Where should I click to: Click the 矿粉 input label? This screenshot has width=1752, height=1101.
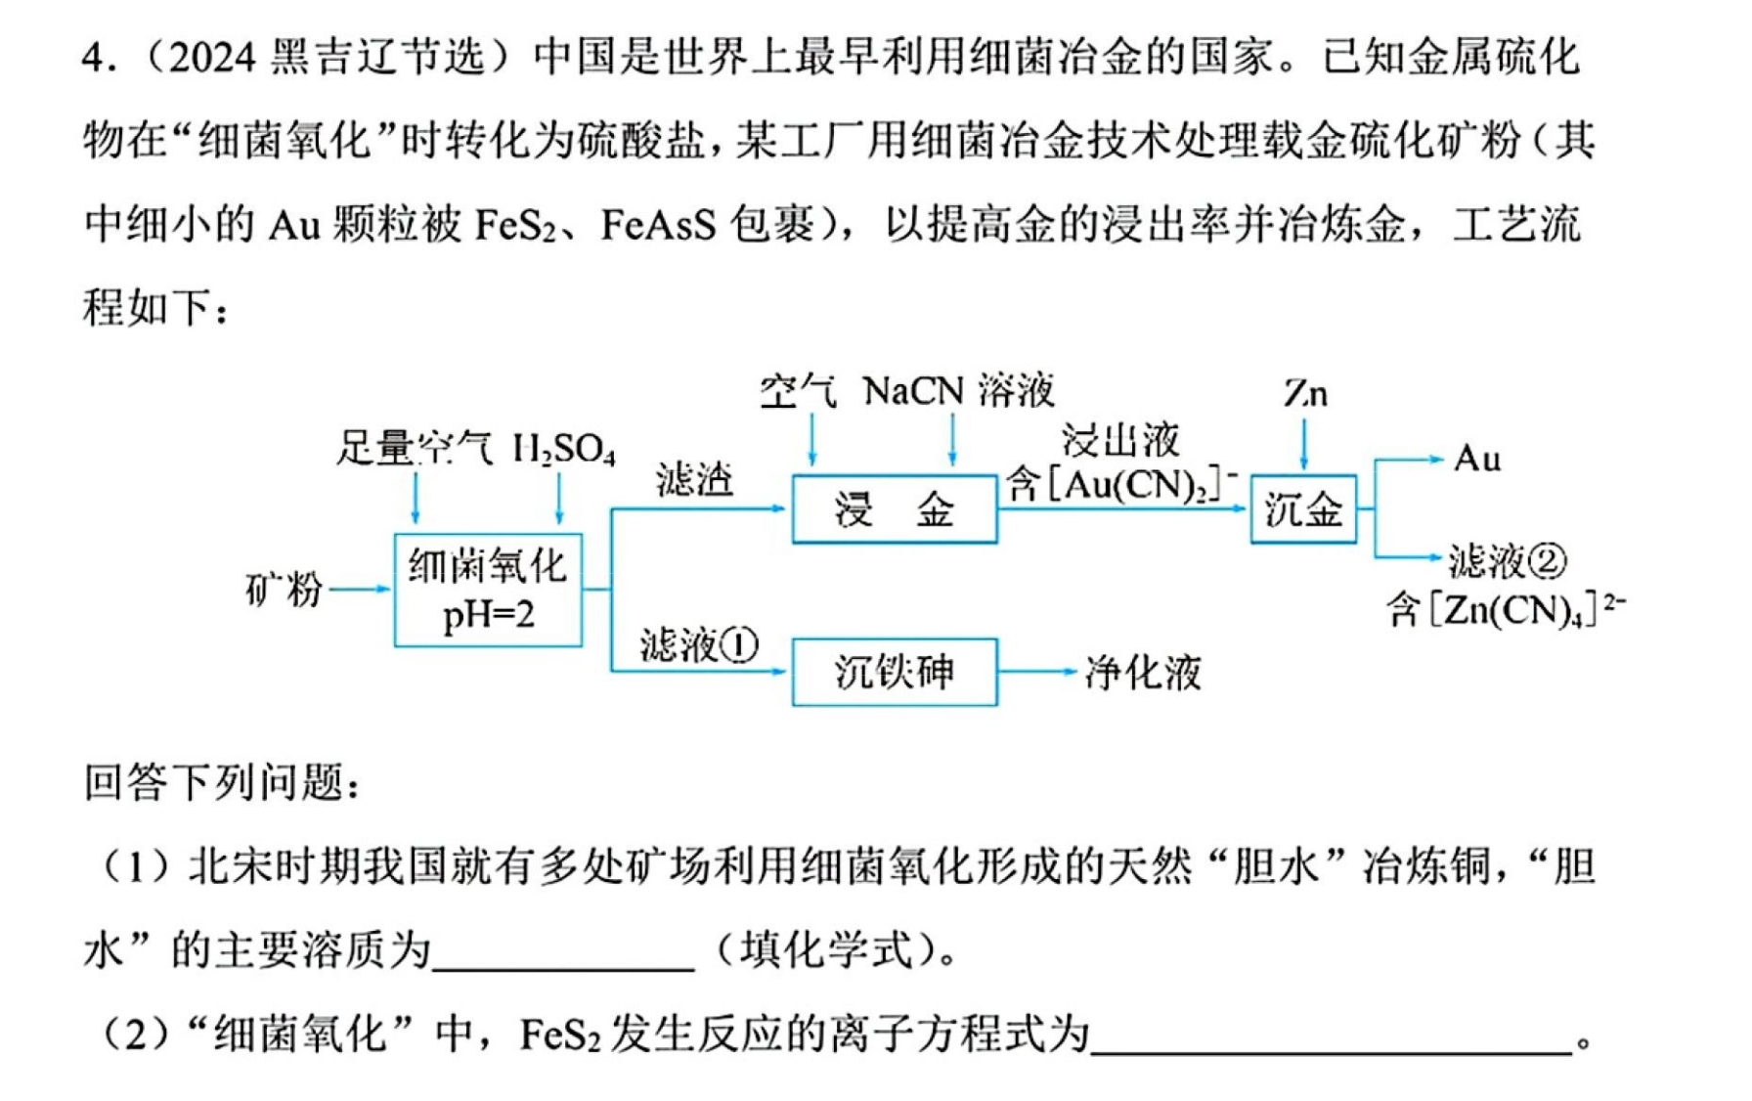click(x=284, y=590)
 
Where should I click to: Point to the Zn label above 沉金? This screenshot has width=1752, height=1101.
click(x=1305, y=394)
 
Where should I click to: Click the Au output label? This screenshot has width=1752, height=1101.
click(x=1476, y=459)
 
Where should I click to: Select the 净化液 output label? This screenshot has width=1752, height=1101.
click(x=1143, y=673)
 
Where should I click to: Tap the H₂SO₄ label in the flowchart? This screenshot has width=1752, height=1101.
click(x=564, y=450)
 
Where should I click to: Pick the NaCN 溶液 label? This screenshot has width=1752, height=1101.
click(x=959, y=391)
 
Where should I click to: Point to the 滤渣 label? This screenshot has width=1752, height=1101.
click(x=695, y=480)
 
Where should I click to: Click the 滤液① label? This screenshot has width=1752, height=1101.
click(x=699, y=645)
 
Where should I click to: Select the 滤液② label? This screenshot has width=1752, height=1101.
click(x=1508, y=561)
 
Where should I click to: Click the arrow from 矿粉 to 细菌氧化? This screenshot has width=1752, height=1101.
click(x=361, y=590)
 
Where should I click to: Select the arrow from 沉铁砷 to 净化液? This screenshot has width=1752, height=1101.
click(x=1037, y=672)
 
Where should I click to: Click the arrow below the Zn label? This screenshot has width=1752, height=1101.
click(x=1304, y=444)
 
